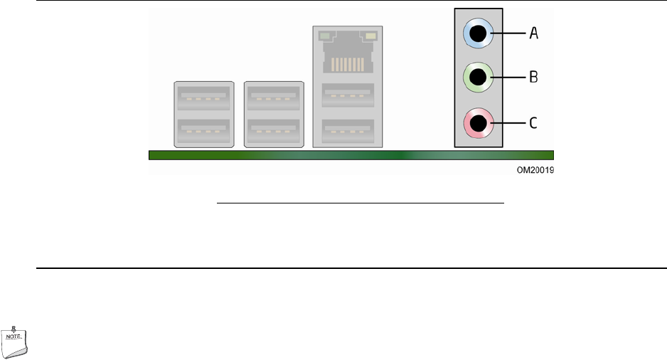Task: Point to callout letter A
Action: coord(533,32)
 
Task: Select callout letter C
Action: coord(533,122)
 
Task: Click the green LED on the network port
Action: coord(325,35)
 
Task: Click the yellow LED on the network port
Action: coord(370,35)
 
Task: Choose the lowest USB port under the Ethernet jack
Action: coord(348,131)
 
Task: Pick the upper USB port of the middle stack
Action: coord(274,95)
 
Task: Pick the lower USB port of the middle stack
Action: coord(274,131)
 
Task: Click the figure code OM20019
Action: coord(535,171)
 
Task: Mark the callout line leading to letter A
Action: coord(506,32)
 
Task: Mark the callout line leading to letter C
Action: coord(506,122)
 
